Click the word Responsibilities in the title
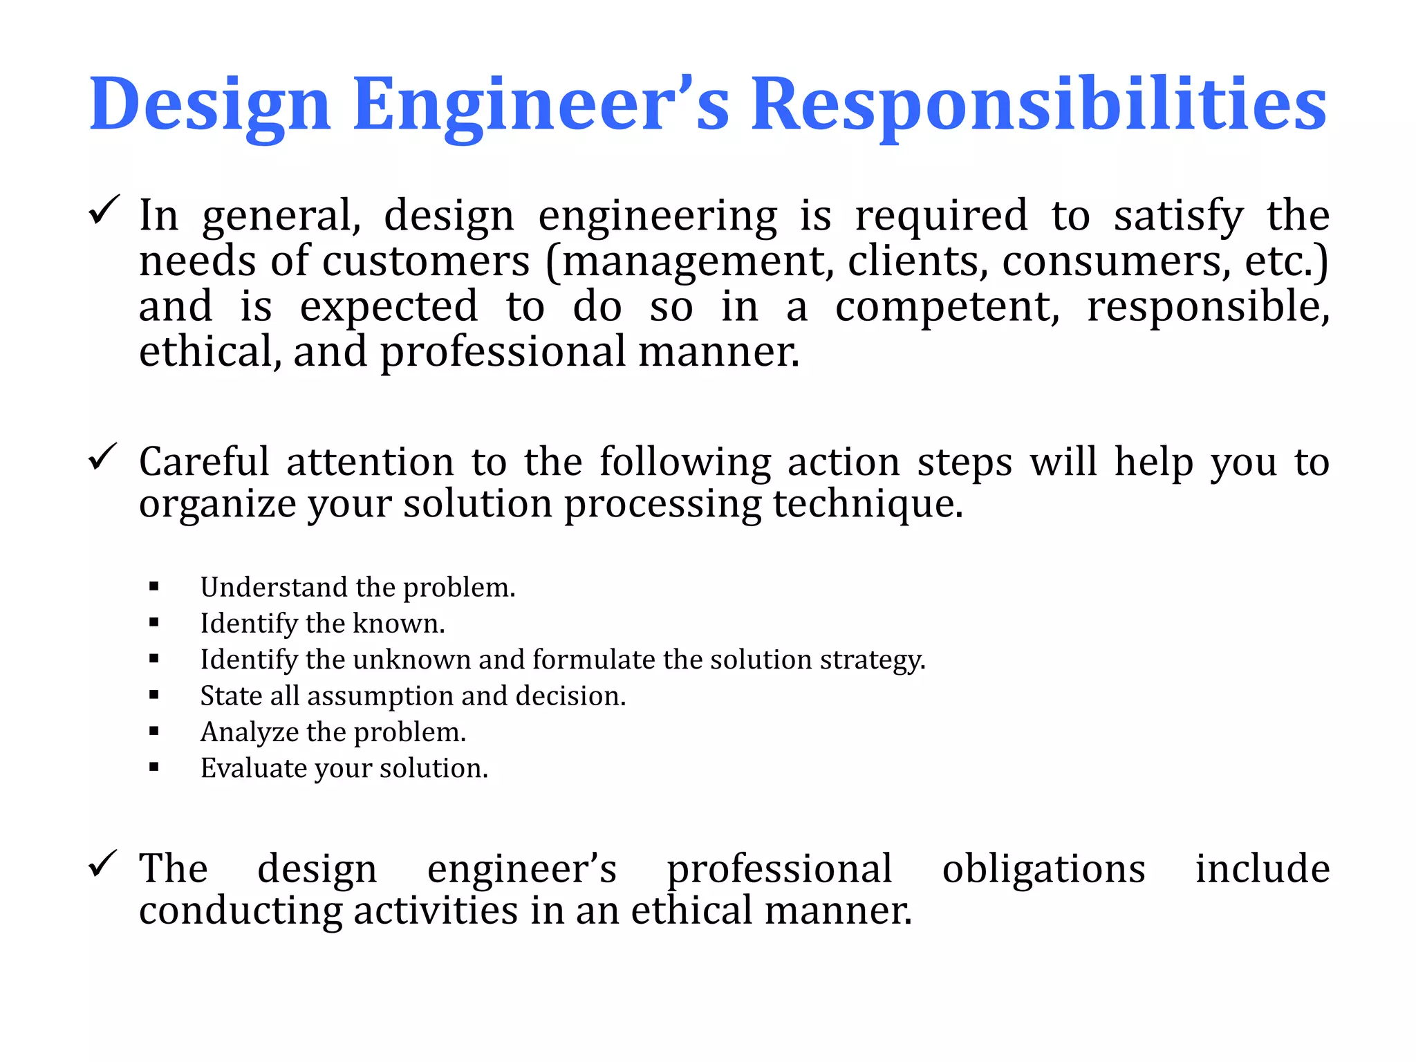[x=1038, y=105]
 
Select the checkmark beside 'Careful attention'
[x=104, y=457]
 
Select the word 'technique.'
[x=868, y=503]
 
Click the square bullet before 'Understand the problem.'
[x=154, y=588]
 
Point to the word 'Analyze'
[x=249, y=733]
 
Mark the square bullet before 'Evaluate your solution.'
[x=154, y=767]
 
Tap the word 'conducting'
[x=241, y=911]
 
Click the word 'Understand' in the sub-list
[x=274, y=588]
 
